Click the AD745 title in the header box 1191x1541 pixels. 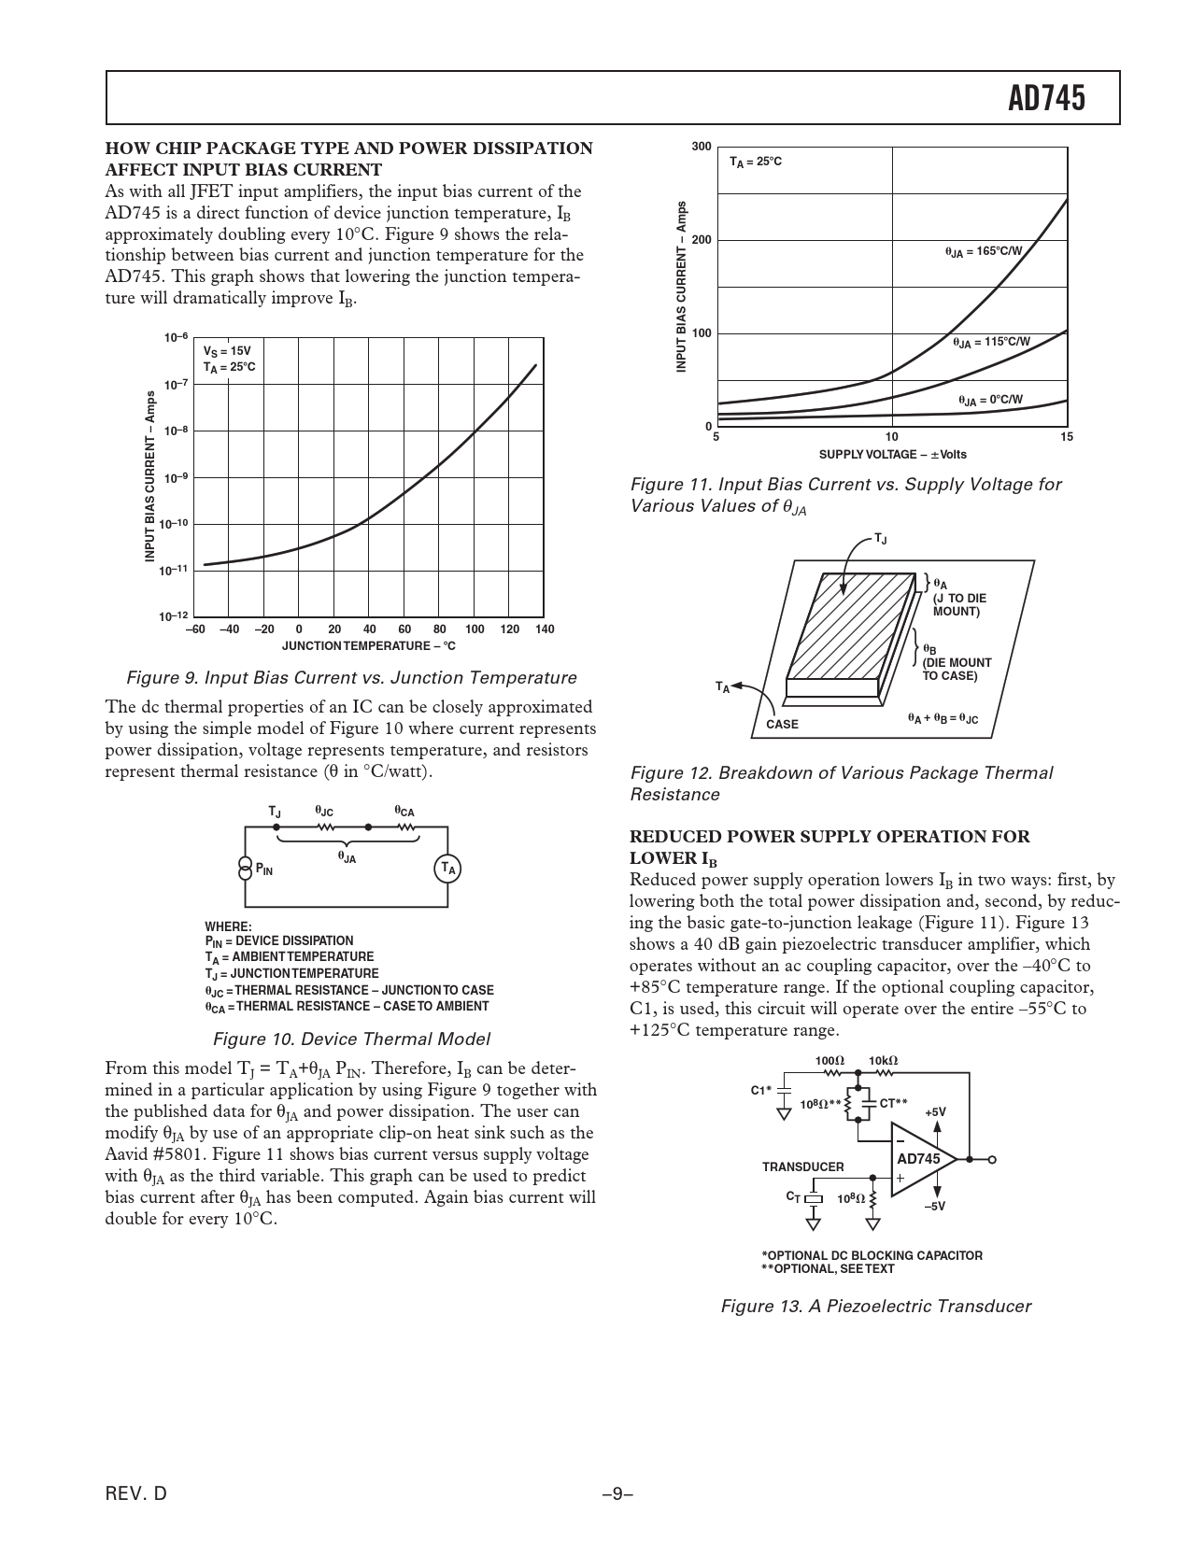point(1047,98)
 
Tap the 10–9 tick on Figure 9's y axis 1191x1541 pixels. point(177,478)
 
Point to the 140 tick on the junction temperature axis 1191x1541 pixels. point(545,629)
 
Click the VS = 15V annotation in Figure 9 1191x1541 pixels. point(227,351)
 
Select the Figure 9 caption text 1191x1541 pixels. point(351,678)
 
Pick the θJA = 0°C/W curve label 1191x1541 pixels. point(990,401)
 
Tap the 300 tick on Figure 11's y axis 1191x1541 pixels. point(702,148)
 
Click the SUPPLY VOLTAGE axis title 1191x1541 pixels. point(892,455)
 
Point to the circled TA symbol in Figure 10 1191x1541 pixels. point(448,869)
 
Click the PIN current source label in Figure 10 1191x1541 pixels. point(264,870)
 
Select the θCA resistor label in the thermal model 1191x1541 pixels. point(404,812)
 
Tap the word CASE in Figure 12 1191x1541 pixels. point(782,724)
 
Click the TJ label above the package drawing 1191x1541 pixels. point(881,539)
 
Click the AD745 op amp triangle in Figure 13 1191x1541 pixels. point(919,1159)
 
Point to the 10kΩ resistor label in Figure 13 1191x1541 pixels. point(883,1061)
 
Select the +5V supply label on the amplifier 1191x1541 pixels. point(935,1112)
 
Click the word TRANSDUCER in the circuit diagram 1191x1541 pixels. point(802,1167)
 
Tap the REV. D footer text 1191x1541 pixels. point(136,1493)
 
